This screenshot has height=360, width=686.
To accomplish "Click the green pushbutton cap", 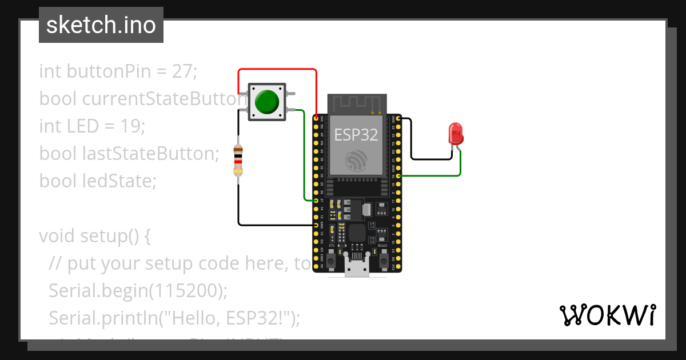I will coord(266,102).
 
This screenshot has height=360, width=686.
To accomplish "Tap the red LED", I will coord(456,134).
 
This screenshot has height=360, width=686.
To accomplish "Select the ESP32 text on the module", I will coord(356,135).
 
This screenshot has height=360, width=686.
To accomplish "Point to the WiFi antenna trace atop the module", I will coord(356,103).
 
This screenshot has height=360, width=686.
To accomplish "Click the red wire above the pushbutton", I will coord(277,70).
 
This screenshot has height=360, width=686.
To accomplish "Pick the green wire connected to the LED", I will coord(434,175).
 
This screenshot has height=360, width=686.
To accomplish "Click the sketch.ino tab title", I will coord(101,25).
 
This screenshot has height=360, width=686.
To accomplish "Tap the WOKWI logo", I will coord(607,315).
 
